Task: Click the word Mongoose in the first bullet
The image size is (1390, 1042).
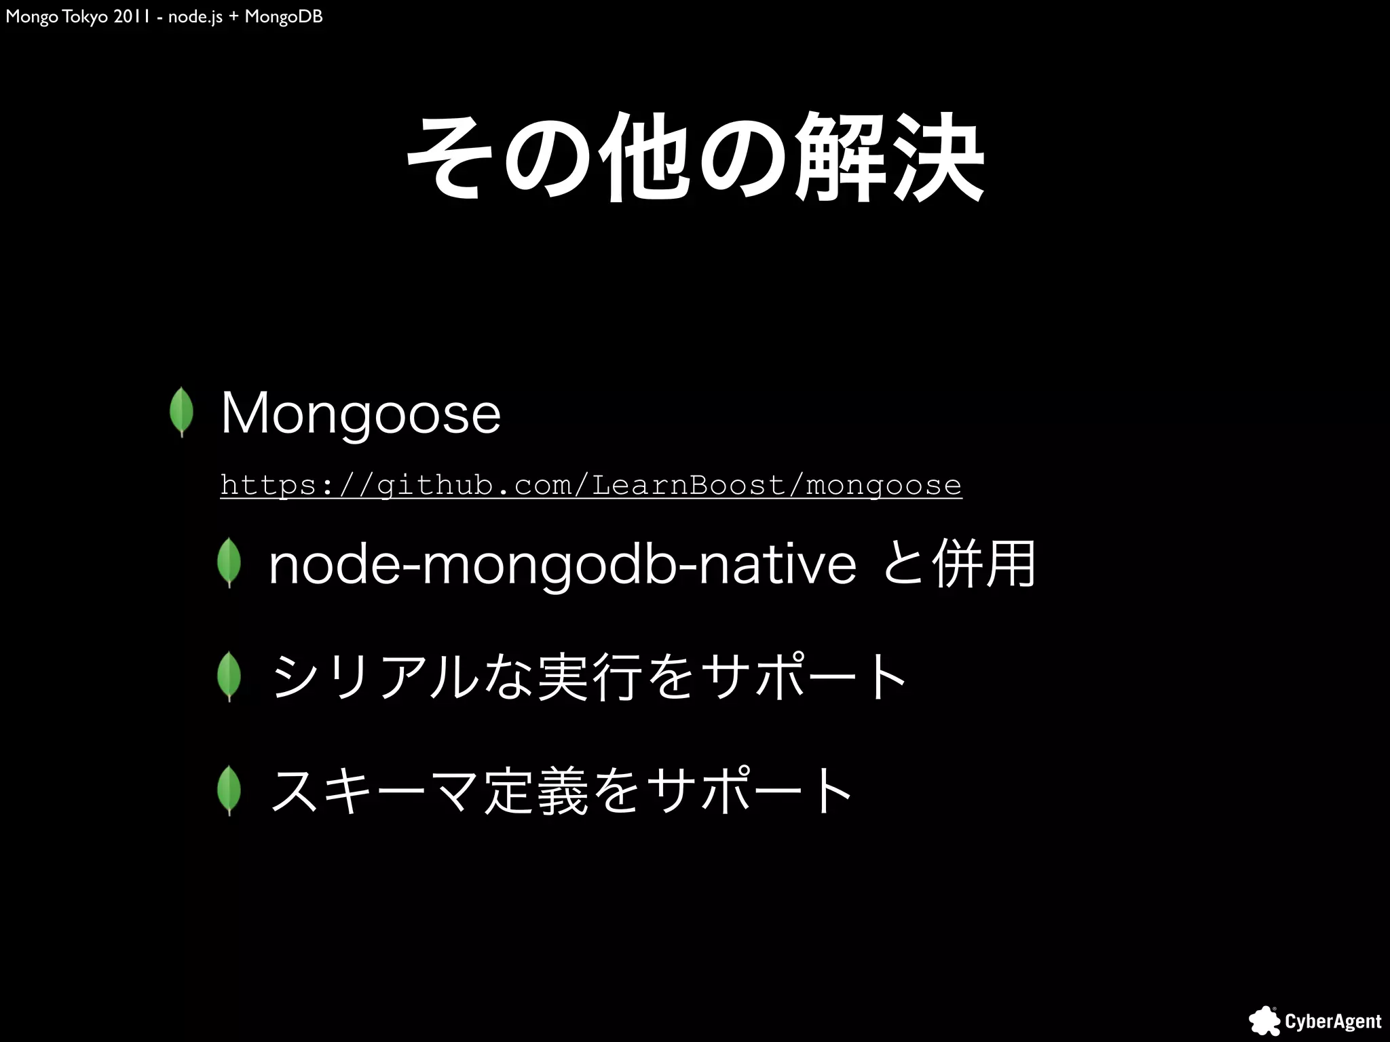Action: [x=360, y=413]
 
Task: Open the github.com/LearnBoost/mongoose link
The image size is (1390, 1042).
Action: [x=590, y=485]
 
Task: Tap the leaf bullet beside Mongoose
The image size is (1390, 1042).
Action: [x=182, y=412]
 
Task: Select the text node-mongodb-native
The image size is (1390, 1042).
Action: [x=563, y=564]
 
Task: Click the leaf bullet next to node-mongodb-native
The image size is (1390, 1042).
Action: [x=229, y=562]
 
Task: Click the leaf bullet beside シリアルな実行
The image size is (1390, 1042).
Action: [x=229, y=676]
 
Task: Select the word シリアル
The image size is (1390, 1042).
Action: [x=374, y=676]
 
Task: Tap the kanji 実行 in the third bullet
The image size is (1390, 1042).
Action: [x=589, y=676]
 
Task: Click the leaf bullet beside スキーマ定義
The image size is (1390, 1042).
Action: [x=229, y=790]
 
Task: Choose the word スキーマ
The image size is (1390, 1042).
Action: [x=374, y=790]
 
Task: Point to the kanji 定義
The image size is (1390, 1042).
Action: [x=536, y=790]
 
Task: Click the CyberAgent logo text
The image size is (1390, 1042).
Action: [x=1333, y=1022]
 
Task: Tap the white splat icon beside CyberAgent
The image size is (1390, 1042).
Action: [x=1264, y=1021]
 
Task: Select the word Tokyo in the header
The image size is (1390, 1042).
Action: [x=84, y=16]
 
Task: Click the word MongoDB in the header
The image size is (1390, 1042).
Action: [x=284, y=16]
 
